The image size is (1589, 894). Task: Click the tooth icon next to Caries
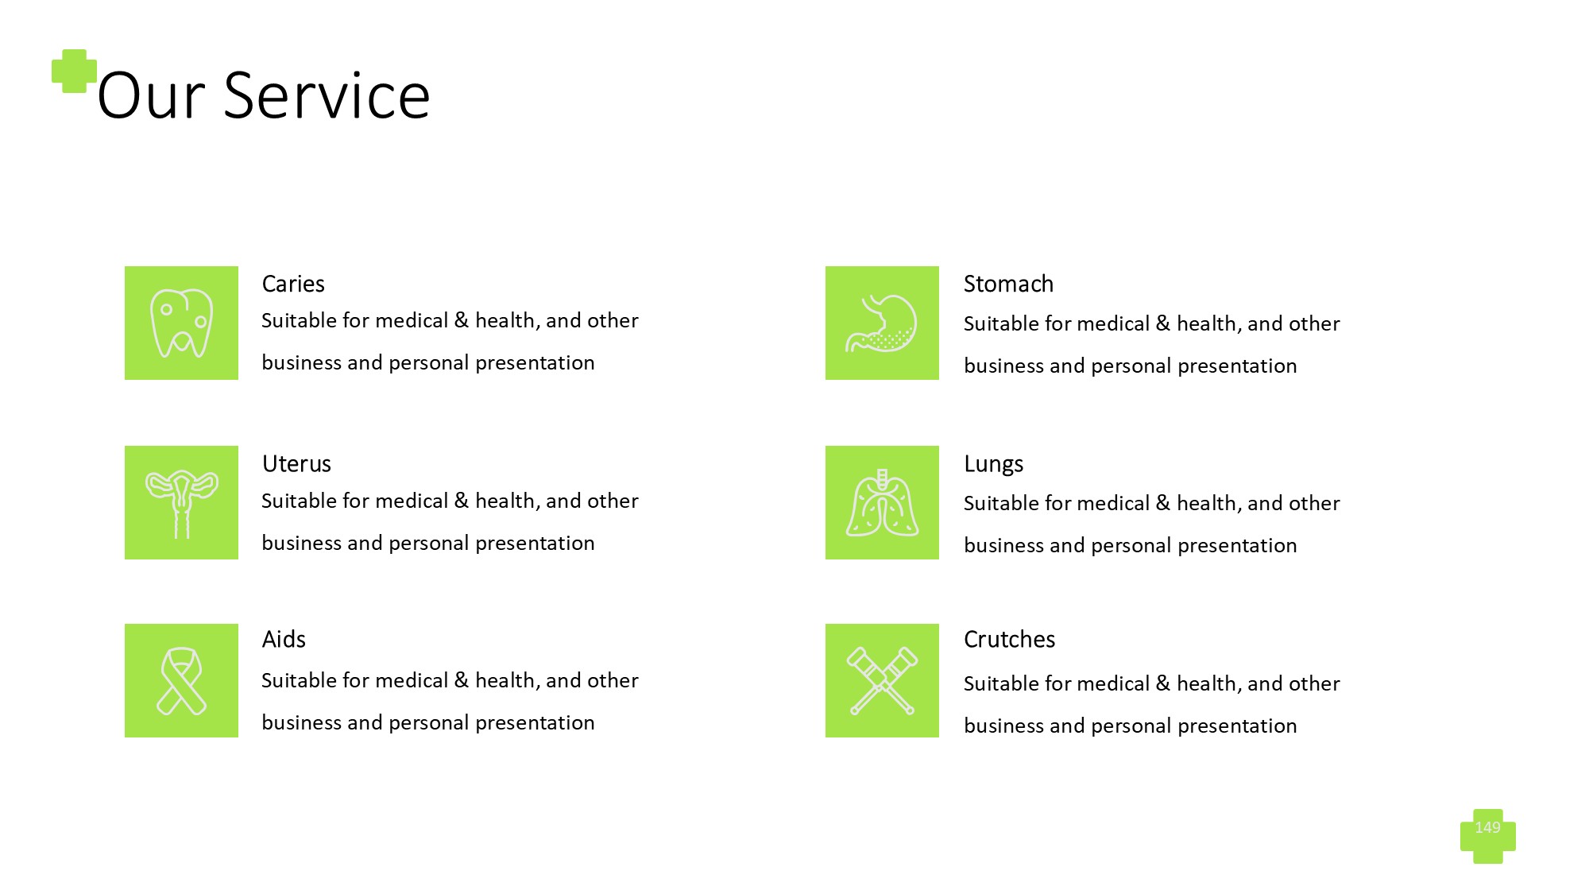[x=181, y=323]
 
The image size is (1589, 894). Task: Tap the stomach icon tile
[x=882, y=323]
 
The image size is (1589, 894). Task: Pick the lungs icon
[x=882, y=502]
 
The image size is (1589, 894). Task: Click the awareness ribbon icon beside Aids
[x=181, y=681]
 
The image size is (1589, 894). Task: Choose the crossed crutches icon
[x=882, y=681]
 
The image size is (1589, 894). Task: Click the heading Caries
[x=293, y=284]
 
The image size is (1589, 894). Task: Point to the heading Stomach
[x=1008, y=284]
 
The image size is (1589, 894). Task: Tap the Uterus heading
[x=296, y=463]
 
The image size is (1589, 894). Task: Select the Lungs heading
[x=993, y=464]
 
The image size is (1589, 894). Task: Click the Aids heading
[x=284, y=639]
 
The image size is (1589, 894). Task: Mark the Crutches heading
[x=1009, y=639]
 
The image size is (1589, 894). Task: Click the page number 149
[x=1487, y=827]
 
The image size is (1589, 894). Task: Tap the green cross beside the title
[x=74, y=72]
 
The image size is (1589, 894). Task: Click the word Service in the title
[x=327, y=95]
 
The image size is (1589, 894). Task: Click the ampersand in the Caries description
[x=462, y=320]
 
